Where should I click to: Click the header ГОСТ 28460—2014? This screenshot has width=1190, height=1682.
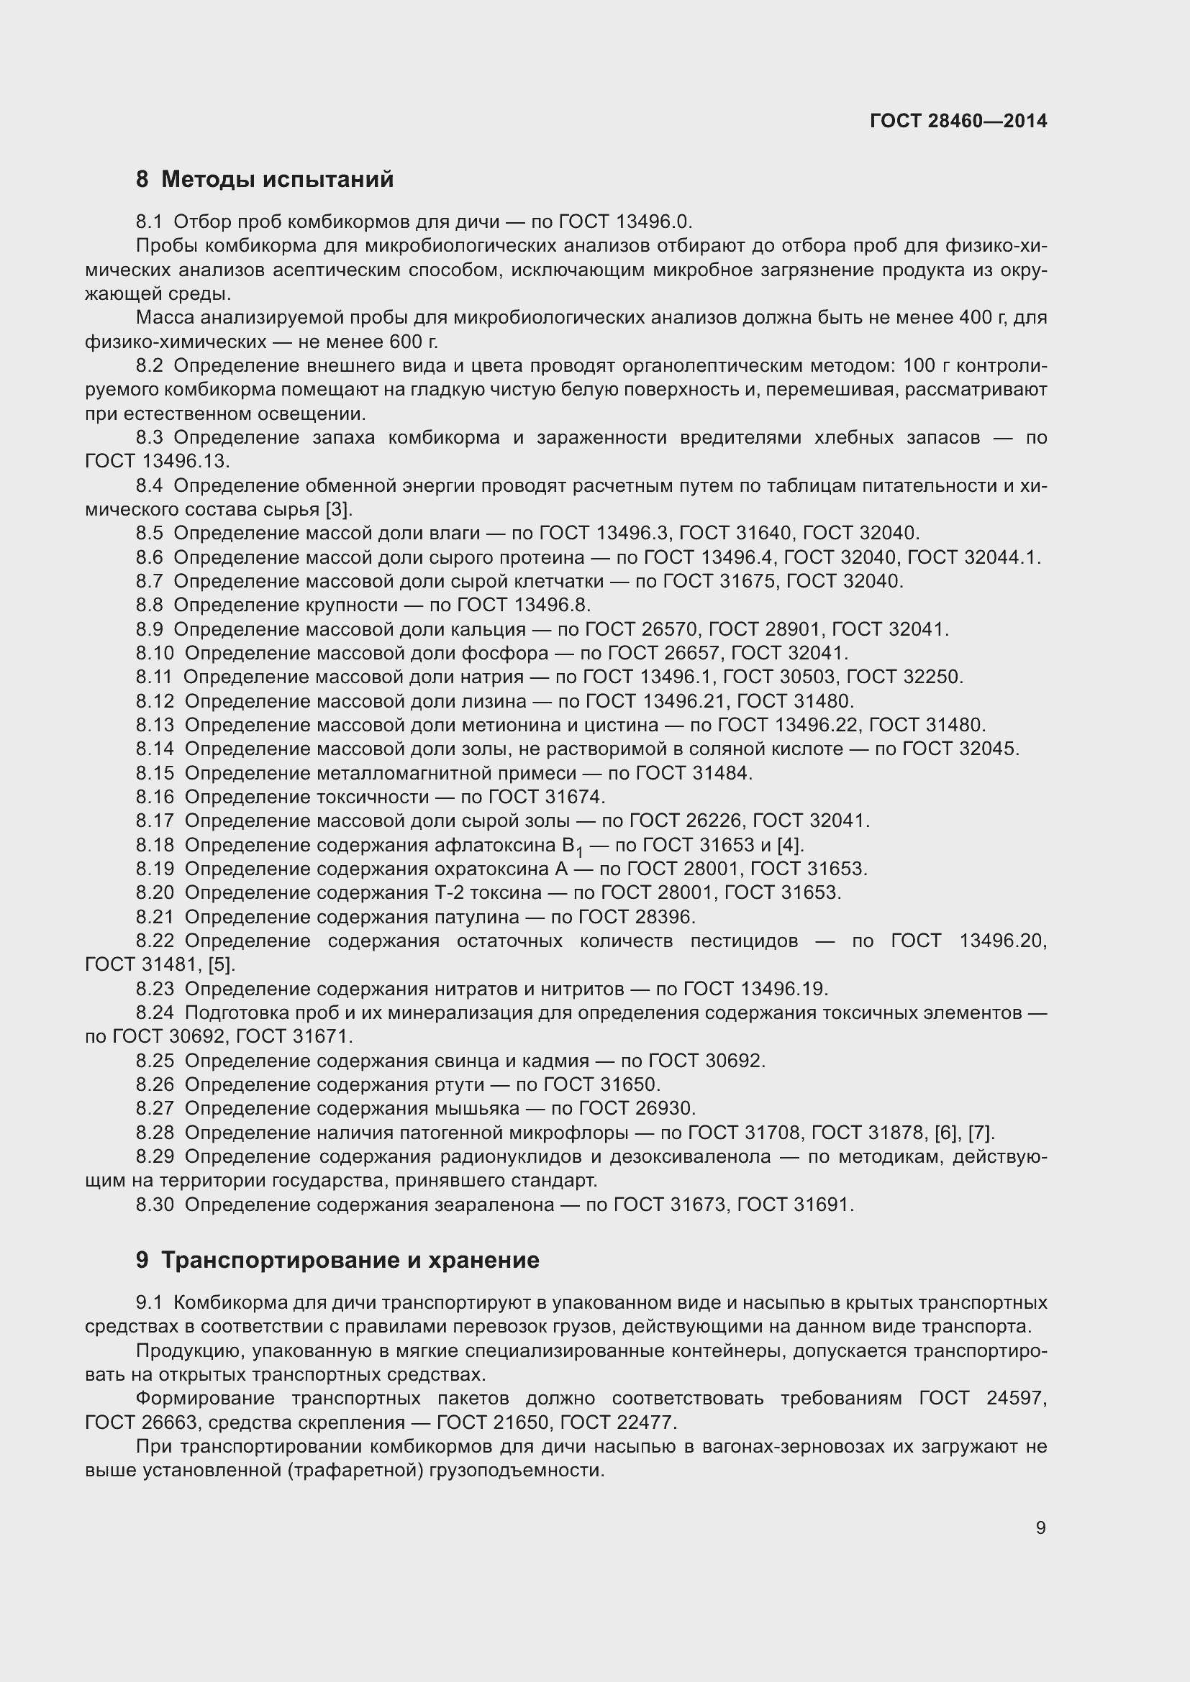958,121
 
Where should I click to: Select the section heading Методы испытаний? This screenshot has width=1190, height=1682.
277,180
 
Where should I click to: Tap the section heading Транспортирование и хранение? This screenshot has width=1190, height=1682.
350,1260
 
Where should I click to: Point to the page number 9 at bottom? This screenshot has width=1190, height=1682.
1040,1527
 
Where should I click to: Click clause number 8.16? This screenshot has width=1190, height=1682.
155,796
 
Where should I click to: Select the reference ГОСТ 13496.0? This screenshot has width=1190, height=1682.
624,221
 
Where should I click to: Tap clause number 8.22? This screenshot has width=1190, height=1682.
155,941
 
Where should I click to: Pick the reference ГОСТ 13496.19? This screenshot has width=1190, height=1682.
755,989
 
